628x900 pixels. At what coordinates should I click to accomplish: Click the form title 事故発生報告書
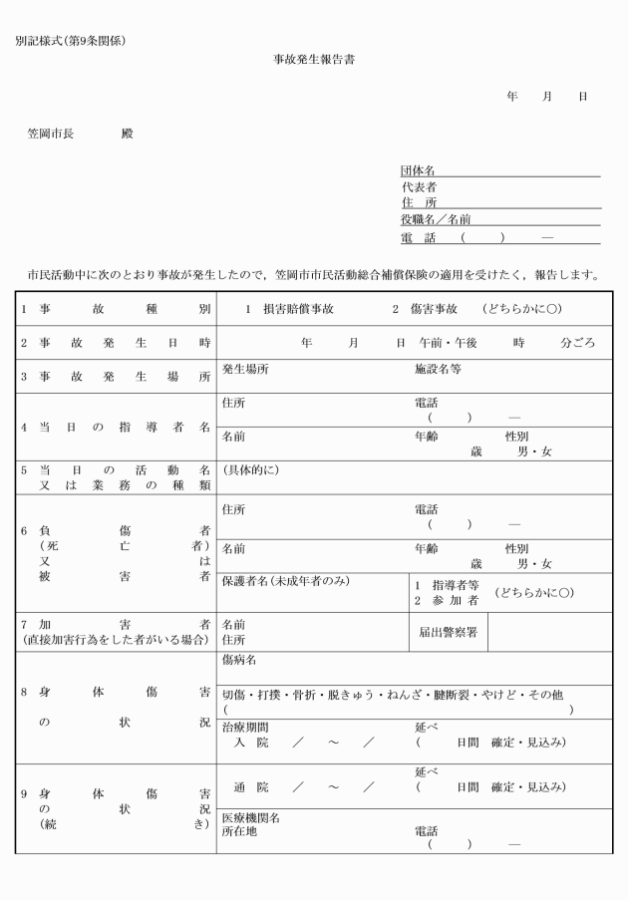click(314, 60)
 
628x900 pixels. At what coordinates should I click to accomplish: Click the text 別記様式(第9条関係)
click(71, 41)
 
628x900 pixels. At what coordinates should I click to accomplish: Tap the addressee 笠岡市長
click(51, 133)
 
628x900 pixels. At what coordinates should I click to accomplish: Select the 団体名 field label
click(418, 171)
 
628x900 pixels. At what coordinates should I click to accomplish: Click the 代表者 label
click(418, 186)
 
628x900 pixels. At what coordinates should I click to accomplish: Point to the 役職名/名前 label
click(436, 219)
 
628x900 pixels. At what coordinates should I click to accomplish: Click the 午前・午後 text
click(449, 342)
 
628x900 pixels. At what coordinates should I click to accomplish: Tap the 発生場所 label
click(245, 369)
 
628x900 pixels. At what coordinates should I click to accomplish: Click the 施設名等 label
click(438, 369)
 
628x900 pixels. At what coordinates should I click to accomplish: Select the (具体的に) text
click(250, 469)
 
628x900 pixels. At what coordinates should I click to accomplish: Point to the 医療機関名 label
click(250, 818)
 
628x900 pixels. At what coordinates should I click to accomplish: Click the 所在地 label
click(239, 831)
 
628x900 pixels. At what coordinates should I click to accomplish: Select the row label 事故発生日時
click(115, 342)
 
